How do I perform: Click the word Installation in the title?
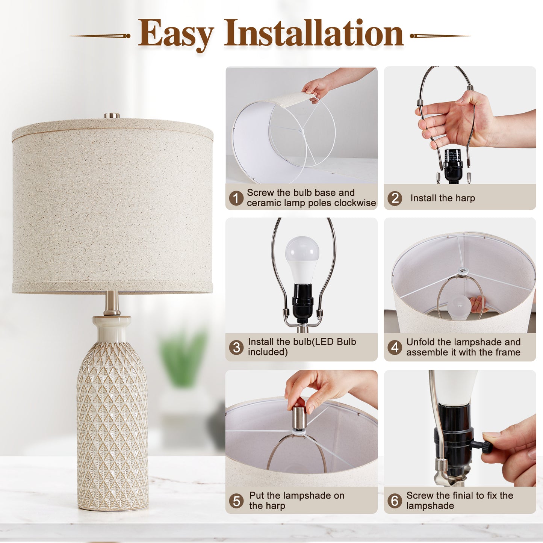click(x=313, y=34)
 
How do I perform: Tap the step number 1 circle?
click(x=236, y=198)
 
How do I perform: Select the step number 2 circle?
click(x=395, y=198)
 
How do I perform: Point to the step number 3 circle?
click(x=236, y=347)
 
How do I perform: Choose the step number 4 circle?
click(x=395, y=347)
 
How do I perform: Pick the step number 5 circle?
click(x=236, y=501)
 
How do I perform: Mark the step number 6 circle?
click(x=395, y=501)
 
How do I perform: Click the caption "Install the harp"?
click(x=442, y=198)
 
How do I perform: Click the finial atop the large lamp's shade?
click(x=112, y=115)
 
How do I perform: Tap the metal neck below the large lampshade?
click(x=112, y=303)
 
